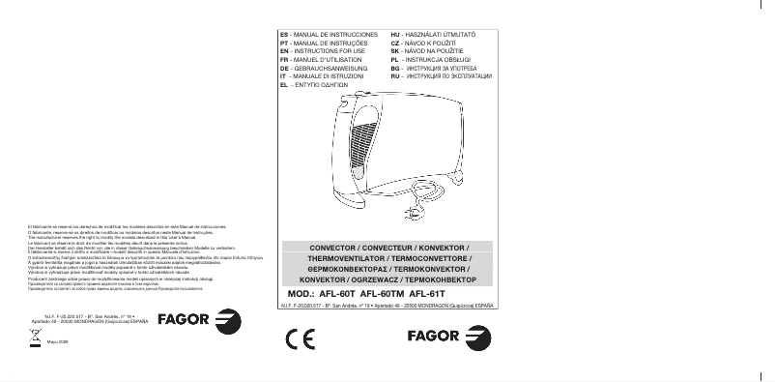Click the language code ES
tap(283, 33)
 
